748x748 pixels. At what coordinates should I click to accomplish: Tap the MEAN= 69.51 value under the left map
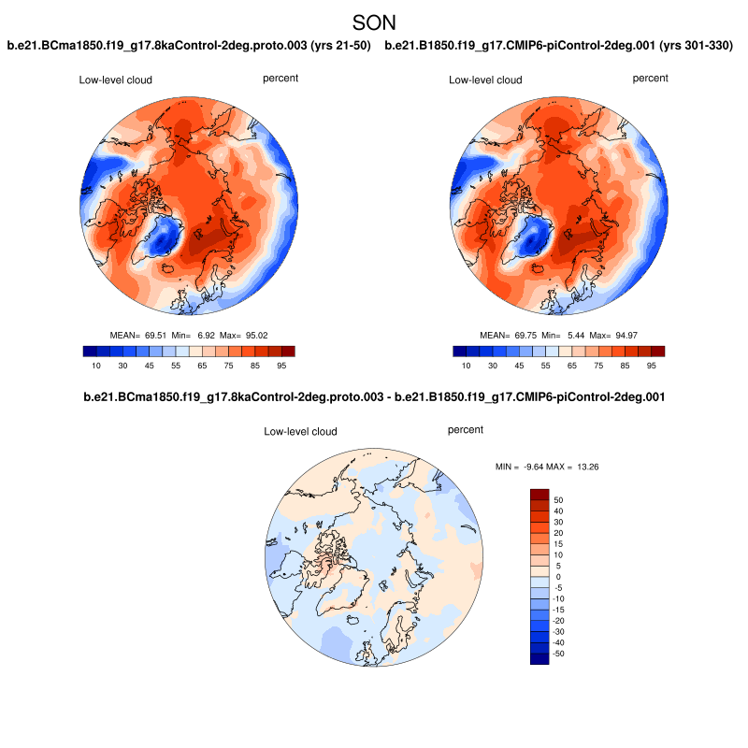point(137,335)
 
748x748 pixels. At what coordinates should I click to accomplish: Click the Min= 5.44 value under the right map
point(557,335)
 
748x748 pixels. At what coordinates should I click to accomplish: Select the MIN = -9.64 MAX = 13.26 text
point(539,466)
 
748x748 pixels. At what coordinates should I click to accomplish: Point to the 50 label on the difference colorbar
point(558,499)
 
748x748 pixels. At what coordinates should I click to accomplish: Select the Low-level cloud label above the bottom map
point(300,432)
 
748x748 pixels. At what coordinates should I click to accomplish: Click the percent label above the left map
point(280,79)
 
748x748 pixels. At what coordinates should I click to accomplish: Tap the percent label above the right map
point(651,79)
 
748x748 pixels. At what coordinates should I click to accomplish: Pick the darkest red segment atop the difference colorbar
point(539,494)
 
